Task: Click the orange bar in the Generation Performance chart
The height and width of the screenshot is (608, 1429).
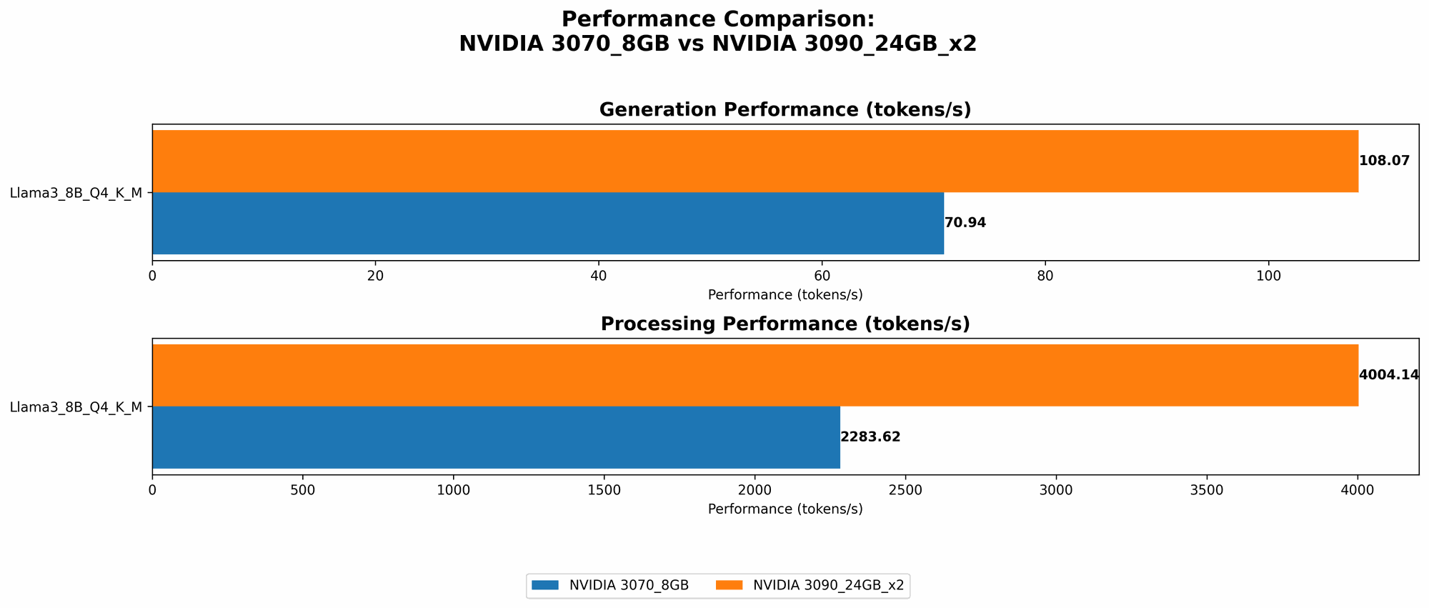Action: (755, 161)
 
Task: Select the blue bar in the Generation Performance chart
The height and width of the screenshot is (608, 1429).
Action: (547, 223)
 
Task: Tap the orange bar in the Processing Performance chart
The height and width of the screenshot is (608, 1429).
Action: (755, 375)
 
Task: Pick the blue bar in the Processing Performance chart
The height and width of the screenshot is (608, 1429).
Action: (496, 437)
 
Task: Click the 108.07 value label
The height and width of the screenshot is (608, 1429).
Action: (1384, 161)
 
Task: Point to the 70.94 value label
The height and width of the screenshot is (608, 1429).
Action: (965, 223)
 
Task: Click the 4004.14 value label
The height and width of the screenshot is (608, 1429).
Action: (1388, 375)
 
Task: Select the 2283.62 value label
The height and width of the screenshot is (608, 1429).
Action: (870, 437)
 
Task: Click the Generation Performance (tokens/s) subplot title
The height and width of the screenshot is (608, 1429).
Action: (785, 109)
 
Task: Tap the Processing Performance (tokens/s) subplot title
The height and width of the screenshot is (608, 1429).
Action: (785, 324)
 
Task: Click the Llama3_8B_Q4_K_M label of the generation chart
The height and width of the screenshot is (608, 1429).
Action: (76, 193)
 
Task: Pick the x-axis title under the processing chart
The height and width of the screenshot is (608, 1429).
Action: (785, 509)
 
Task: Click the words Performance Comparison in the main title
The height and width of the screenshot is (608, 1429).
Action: (717, 19)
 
